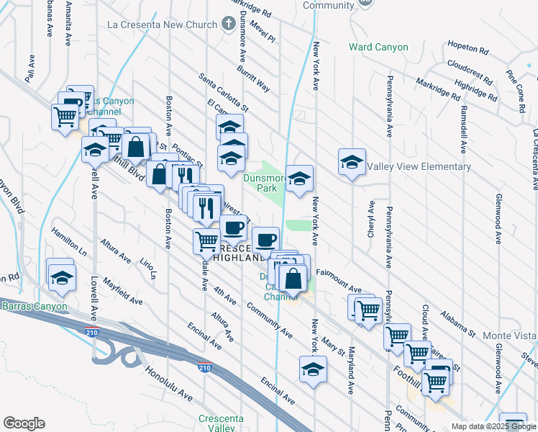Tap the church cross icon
pos(228,24)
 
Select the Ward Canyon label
pos(378,48)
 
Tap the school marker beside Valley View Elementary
pos(352,163)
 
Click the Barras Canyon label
pos(34,307)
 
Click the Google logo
pos(24,423)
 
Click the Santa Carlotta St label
pos(224,92)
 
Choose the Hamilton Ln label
pos(68,243)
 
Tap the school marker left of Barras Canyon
pos(62,276)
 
